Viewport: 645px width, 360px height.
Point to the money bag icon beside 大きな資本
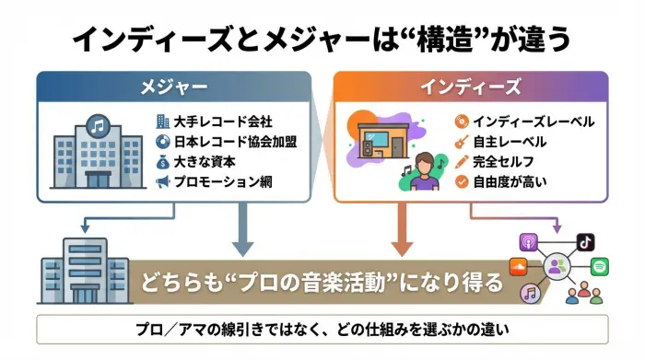163,161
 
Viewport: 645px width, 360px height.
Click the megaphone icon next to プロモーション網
163,181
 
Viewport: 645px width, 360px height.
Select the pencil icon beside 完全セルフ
462,161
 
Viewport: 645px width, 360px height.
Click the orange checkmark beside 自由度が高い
462,181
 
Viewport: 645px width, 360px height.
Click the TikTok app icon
585,241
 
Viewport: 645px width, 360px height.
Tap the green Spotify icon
599,267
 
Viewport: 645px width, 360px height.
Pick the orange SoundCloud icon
519,268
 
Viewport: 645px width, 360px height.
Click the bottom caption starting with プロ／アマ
322,330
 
